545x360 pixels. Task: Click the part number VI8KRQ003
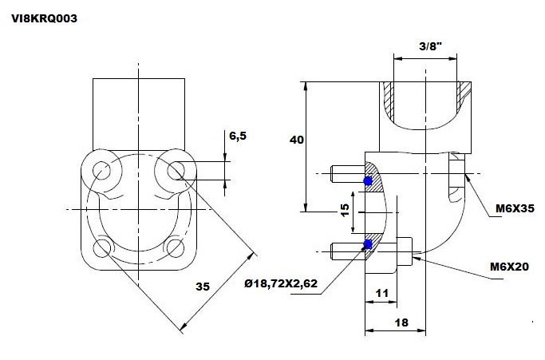coord(44,18)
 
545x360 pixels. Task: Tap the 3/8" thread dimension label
coord(431,46)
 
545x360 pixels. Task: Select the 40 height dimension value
coord(297,140)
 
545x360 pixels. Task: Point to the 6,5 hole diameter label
coord(238,136)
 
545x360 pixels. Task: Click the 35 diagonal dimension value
coord(203,287)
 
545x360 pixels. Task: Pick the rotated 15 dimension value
coord(345,210)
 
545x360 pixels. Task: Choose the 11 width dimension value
coord(381,293)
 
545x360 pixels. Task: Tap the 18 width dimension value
coord(401,322)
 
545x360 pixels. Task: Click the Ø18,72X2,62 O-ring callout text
coord(281,283)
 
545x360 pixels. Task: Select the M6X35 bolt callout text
coord(515,208)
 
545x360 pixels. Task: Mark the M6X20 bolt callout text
coord(510,267)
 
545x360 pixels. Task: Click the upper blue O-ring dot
coord(368,181)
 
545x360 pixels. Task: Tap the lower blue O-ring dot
coord(368,244)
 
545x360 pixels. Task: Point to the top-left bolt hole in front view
coord(102,171)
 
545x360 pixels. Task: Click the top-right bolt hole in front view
coord(176,171)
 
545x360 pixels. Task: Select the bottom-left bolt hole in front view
coord(102,248)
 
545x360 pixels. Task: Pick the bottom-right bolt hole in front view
coord(176,248)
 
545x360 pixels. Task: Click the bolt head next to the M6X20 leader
coord(405,251)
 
